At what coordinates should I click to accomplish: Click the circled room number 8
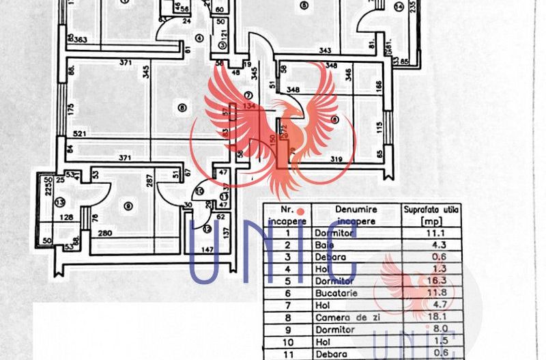(x=181, y=107)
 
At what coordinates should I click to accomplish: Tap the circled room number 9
(x=128, y=206)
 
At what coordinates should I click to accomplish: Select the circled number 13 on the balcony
(x=60, y=203)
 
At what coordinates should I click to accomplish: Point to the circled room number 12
(x=207, y=229)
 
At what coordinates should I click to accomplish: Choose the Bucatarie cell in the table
(x=336, y=294)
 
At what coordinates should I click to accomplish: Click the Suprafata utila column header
(x=429, y=215)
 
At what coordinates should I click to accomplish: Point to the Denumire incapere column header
(x=356, y=215)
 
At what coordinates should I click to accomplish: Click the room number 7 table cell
(x=288, y=306)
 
